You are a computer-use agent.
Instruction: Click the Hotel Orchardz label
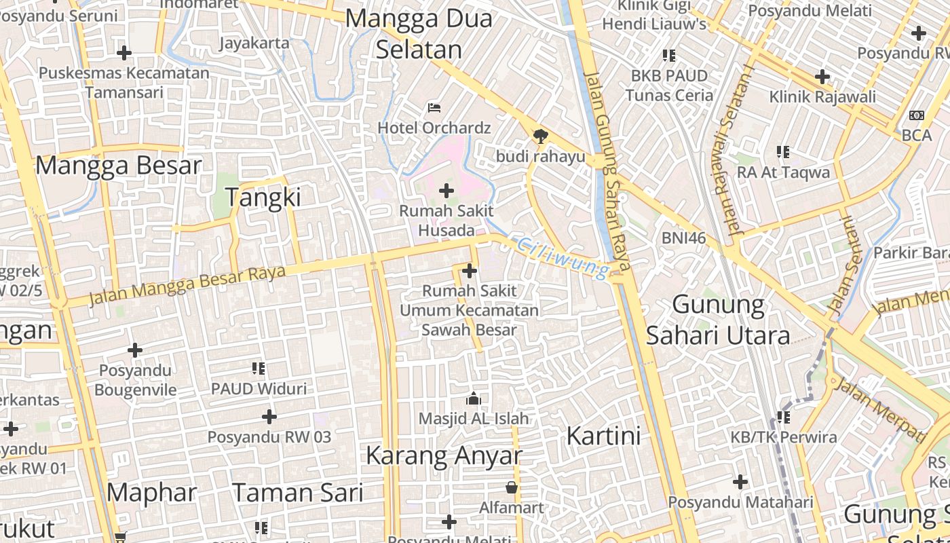434,128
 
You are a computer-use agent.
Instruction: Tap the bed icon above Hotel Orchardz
434,108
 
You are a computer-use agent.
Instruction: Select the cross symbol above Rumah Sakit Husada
446,191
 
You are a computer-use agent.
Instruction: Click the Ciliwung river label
562,258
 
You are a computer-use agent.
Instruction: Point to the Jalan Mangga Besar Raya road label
187,285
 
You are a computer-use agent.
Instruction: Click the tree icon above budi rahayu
540,136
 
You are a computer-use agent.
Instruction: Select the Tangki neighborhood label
263,198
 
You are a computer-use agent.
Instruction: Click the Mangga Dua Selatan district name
419,34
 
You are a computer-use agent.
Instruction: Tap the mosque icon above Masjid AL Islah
474,398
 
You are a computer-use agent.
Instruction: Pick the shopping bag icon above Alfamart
512,487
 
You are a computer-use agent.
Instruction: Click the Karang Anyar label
444,455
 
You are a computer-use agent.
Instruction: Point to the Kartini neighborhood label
603,436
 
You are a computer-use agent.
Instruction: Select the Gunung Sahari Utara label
718,320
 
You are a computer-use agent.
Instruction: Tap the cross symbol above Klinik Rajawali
822,77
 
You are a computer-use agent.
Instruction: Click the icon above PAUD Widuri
259,369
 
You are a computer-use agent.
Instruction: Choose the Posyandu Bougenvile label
135,380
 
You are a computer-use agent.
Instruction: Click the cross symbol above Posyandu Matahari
740,482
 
